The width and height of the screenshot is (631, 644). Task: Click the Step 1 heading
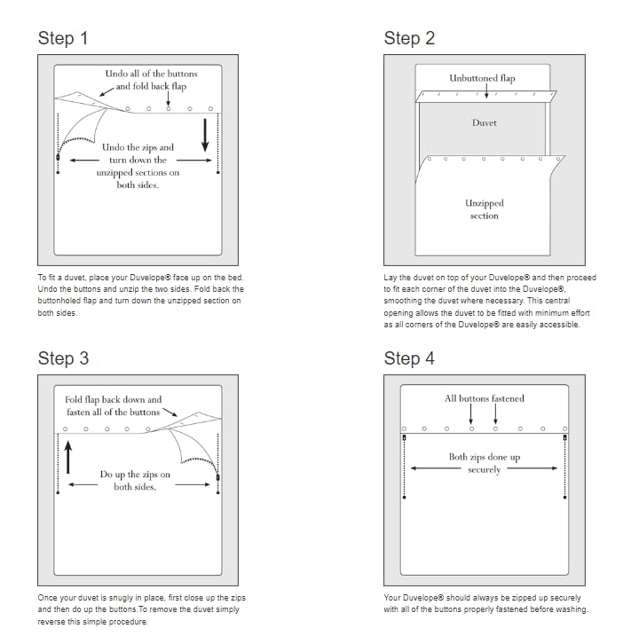tap(62, 38)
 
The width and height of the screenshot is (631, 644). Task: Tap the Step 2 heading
tap(409, 38)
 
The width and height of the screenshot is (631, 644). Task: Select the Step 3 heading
tap(62, 358)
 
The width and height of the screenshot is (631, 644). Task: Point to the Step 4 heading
tap(409, 358)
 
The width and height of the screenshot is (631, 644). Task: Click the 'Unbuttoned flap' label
tap(482, 78)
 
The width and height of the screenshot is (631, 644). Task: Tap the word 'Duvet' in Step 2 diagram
tap(484, 122)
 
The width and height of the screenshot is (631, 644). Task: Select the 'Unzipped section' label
tap(484, 209)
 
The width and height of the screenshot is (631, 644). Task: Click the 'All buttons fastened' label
tap(484, 398)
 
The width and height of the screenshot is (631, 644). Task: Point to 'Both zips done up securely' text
tap(484, 463)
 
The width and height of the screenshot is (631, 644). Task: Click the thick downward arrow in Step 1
tap(206, 135)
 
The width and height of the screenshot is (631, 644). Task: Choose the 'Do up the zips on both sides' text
tap(135, 481)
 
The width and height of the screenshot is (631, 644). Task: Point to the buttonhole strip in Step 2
tap(486, 96)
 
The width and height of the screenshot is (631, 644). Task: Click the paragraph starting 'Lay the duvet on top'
tap(490, 301)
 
